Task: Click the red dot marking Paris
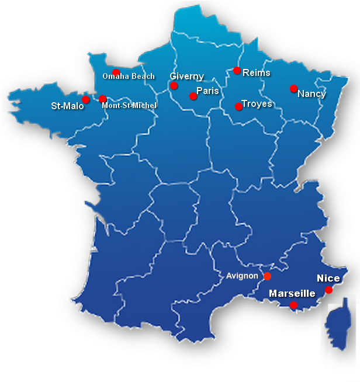pos(193,96)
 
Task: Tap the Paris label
pos(207,91)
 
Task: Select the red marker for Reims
pos(237,71)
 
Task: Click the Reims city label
pos(257,72)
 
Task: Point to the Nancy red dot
pos(294,89)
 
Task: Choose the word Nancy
pos(311,93)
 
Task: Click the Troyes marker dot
pos(238,107)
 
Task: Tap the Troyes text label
pos(257,103)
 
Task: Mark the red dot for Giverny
pos(174,86)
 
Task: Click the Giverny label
pos(187,77)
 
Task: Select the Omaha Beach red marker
pos(116,73)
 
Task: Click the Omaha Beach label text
pos(129,76)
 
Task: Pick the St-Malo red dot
pos(86,100)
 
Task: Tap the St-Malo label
pos(68,106)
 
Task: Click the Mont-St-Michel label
pos(129,106)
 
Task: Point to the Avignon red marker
pos(268,276)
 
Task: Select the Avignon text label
pos(242,276)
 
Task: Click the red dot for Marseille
pos(294,305)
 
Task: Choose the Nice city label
pos(328,279)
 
